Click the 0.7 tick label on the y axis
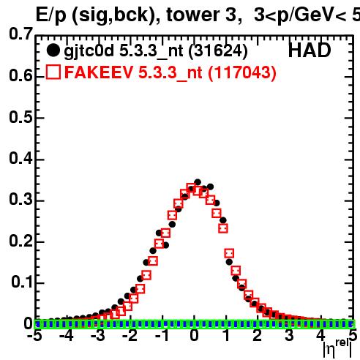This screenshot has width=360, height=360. pos(20,34)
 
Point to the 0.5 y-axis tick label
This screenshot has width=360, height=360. pos(20,117)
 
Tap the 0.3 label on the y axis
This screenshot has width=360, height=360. pos(20,199)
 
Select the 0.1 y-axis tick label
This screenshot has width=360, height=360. pos(22,282)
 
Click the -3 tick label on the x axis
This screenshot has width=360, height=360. pos(98,336)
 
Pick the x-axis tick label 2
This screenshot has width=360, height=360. pos(257,336)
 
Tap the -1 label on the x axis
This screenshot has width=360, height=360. pos(162,336)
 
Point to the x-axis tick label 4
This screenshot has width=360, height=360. pos(320,336)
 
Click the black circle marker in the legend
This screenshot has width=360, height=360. pos(53,50)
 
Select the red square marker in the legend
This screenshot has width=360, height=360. pos(53,72)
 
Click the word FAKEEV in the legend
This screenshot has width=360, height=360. pos(99,72)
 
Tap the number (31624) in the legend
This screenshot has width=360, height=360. pos(218,50)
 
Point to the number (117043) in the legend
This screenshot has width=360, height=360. pos(242,72)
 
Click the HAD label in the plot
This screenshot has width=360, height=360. pos(310,50)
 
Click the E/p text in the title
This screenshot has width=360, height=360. pos(51,15)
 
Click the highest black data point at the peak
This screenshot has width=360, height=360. pos(198,182)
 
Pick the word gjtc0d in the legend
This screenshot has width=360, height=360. pos(89,51)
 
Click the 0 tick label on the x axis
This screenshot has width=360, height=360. pos(194,336)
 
